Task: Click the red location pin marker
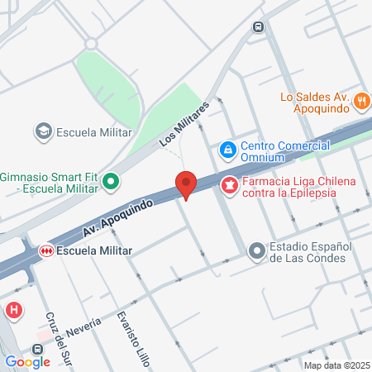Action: click(x=186, y=184)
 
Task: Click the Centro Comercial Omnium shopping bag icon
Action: click(x=227, y=150)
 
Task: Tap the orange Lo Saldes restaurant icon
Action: click(x=360, y=102)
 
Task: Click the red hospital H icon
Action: click(x=13, y=310)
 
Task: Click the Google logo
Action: click(x=27, y=361)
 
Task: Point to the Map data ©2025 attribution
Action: click(x=336, y=365)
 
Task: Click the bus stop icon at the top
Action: click(x=259, y=26)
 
